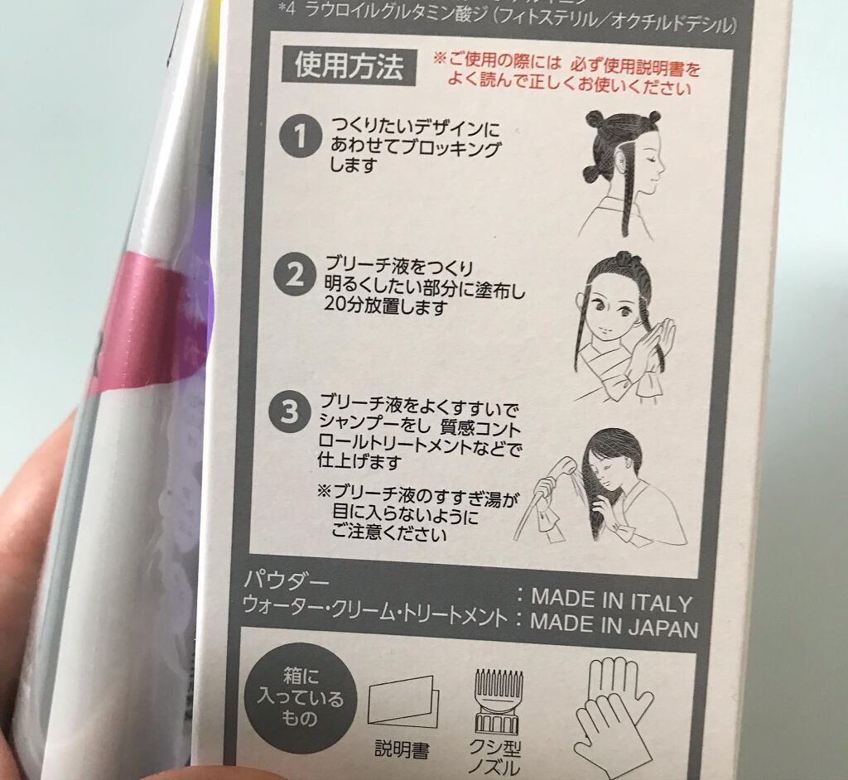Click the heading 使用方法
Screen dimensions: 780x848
click(x=349, y=65)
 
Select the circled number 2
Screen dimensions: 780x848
click(x=295, y=277)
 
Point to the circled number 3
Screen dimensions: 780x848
click(x=289, y=412)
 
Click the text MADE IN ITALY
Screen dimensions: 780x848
click(x=610, y=599)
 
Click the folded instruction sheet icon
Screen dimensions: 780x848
click(x=402, y=701)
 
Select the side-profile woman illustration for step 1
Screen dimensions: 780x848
click(x=623, y=174)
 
